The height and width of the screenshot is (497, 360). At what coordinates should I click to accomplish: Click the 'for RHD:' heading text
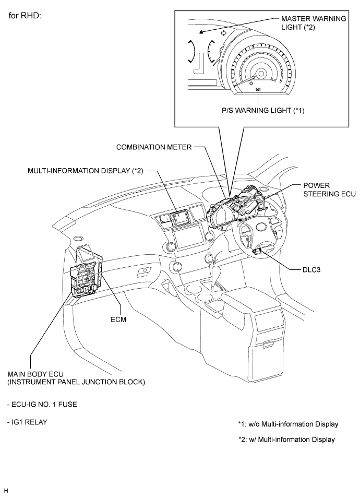tap(25, 16)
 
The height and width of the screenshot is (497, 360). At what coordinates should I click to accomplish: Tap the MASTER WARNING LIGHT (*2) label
tap(314, 23)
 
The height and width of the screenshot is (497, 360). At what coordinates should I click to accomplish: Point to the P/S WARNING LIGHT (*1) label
tap(263, 110)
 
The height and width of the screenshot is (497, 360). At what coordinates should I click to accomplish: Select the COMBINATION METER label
tap(154, 147)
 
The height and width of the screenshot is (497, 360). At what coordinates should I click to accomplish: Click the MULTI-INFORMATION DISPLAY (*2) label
tap(85, 171)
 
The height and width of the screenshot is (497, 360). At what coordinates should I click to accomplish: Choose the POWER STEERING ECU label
tap(329, 190)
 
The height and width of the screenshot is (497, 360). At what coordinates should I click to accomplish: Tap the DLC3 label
tap(311, 270)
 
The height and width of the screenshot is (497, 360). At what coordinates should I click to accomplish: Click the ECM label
tap(118, 319)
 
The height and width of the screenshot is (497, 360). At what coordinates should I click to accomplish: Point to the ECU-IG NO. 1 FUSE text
tap(42, 405)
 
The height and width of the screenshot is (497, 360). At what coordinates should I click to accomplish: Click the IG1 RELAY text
tap(27, 422)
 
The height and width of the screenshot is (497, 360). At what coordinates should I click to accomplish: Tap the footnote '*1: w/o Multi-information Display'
tap(288, 424)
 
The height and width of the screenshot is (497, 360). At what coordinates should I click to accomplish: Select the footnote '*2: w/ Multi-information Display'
tap(286, 440)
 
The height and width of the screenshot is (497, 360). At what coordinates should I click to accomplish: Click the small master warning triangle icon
tap(201, 32)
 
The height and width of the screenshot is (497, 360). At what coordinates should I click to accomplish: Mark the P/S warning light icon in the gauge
tap(258, 90)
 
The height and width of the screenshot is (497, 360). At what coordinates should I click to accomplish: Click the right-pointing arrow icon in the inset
tap(224, 33)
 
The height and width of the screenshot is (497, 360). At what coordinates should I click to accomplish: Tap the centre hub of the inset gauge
tap(261, 74)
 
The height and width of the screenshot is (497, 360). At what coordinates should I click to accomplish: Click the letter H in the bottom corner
tap(6, 491)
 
